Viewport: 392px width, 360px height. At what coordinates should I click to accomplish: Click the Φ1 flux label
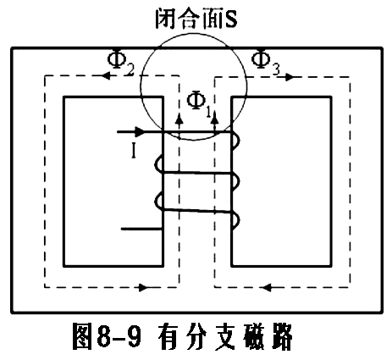[x=199, y=104]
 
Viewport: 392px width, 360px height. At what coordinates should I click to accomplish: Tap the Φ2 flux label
[x=121, y=64]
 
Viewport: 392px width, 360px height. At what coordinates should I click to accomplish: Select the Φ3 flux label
[x=266, y=63]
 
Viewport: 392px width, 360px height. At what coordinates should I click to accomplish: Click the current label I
[x=134, y=151]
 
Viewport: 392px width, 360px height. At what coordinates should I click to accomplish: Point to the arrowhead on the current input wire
[x=139, y=131]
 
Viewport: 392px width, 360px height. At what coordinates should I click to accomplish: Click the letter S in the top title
[x=230, y=19]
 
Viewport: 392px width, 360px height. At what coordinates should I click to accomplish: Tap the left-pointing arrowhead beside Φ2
[x=106, y=75]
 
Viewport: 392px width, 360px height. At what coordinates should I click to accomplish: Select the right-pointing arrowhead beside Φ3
[x=290, y=77]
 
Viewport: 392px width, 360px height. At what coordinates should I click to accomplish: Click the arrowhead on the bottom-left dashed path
[x=144, y=288]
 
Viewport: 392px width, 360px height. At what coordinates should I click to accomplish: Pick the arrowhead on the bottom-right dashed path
[x=267, y=288]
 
